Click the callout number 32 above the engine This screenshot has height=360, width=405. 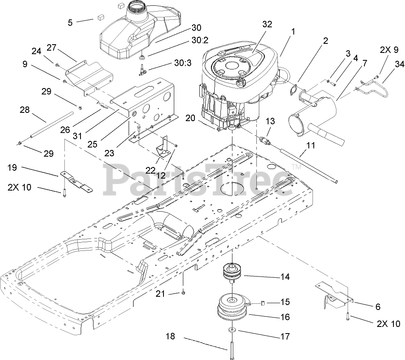click(267, 24)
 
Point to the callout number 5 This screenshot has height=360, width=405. click(70, 22)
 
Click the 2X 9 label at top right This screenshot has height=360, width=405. click(389, 50)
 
